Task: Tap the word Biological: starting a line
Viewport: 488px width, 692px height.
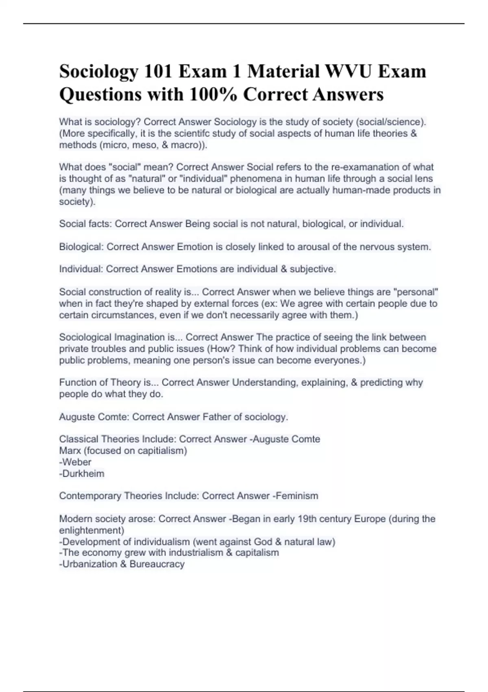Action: pyautogui.click(x=81, y=247)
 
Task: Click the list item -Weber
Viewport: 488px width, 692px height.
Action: pyautogui.click(x=75, y=462)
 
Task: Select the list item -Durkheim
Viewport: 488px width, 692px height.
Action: pyautogui.click(x=82, y=473)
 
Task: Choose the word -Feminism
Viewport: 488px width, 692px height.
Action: pyautogui.click(x=295, y=496)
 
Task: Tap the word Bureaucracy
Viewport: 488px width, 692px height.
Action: pyautogui.click(x=157, y=564)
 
